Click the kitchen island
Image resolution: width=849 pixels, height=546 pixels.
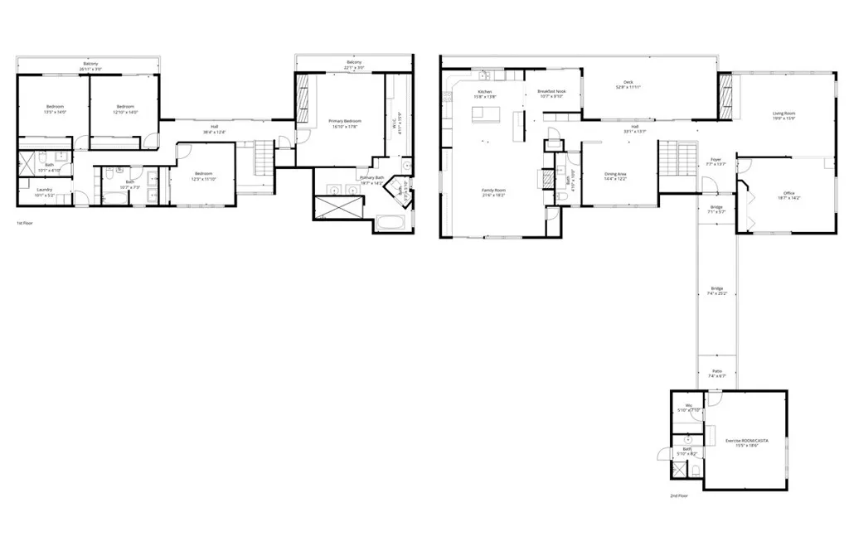(488, 114)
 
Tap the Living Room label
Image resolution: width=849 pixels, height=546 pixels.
(784, 115)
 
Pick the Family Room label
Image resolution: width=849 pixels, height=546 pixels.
(494, 192)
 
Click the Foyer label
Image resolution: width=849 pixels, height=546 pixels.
(716, 161)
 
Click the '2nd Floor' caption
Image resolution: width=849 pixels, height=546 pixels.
(679, 495)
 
